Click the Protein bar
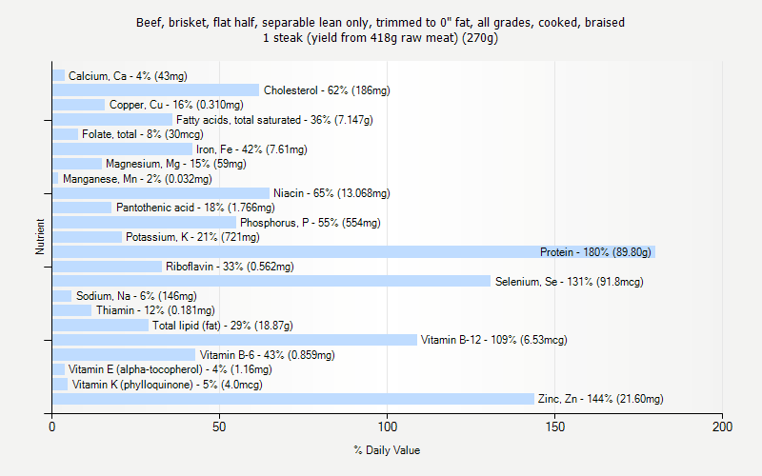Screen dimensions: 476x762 click(353, 252)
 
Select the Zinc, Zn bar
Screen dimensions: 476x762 click(292, 399)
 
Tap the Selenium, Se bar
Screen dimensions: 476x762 click(271, 282)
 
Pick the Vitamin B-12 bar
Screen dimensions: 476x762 click(234, 340)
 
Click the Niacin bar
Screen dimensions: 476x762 click(161, 193)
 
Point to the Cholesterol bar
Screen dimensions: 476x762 click(155, 90)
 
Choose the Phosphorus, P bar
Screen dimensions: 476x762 click(144, 223)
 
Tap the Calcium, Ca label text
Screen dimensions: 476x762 click(128, 76)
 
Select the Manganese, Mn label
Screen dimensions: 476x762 click(137, 179)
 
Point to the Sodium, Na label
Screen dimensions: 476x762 click(136, 296)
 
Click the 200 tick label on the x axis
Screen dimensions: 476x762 click(722, 426)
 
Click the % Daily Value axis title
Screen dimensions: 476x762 click(387, 450)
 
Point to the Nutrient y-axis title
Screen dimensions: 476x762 click(40, 237)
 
